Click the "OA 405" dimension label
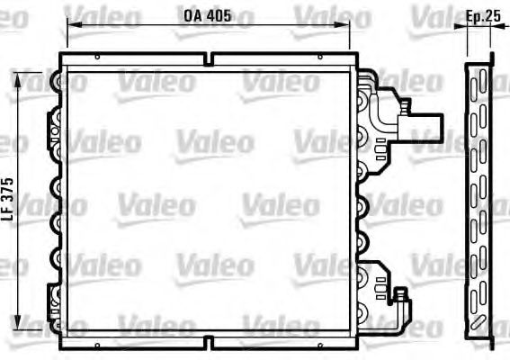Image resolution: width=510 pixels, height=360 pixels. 207,15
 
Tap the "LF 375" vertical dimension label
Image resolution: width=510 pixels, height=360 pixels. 8,199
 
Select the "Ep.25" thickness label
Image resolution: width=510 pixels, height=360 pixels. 483,16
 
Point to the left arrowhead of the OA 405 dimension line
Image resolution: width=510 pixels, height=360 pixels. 74,24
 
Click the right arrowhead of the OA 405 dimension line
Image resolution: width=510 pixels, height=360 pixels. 342,24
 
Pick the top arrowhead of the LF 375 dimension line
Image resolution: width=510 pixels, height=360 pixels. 18,80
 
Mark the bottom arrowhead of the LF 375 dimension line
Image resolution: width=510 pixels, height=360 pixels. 18,322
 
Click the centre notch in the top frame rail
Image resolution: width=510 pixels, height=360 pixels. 210,59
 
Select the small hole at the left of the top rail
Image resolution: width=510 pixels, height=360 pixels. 97,58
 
